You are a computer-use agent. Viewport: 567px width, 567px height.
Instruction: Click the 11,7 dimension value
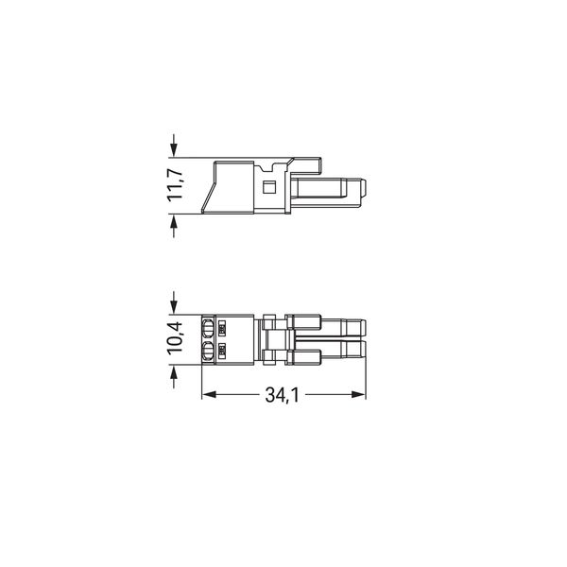pos(176,185)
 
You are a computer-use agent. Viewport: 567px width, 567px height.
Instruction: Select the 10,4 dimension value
pos(176,339)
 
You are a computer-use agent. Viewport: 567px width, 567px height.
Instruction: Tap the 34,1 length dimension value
pos(282,394)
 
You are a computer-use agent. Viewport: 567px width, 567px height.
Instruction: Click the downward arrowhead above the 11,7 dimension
pos(174,150)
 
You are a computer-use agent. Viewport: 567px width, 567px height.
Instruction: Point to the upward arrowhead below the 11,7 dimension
pos(174,221)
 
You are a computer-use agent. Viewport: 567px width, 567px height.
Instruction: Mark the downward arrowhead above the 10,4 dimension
pos(174,307)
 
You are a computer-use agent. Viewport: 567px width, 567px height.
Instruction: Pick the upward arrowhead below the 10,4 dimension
pos(174,371)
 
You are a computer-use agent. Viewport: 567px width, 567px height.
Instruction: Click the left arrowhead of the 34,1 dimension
pos(209,394)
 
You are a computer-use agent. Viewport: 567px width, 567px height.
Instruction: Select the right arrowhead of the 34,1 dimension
pos(359,394)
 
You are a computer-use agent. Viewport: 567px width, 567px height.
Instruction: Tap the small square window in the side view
pos(268,187)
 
